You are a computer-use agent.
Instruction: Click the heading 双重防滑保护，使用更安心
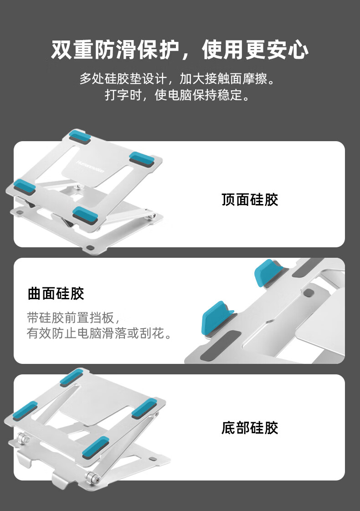[x=180, y=50]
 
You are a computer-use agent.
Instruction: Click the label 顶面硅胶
[x=250, y=199]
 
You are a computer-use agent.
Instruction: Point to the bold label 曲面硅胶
[x=56, y=293]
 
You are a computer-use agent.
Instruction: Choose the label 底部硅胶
[x=250, y=428]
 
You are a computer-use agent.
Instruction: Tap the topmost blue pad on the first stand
[x=80, y=135]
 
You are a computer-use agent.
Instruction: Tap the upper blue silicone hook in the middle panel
[x=268, y=273]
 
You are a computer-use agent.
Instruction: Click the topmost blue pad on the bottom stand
[x=71, y=377]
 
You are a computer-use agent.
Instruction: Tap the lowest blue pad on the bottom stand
[x=96, y=447]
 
